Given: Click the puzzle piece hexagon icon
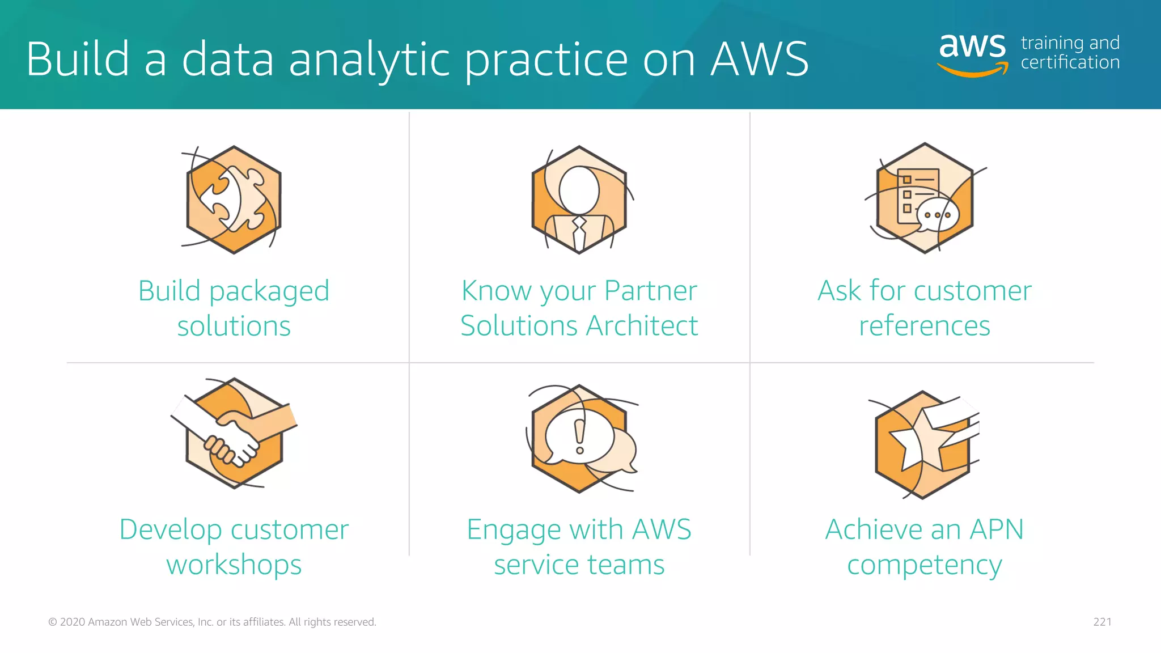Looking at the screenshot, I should (x=234, y=200).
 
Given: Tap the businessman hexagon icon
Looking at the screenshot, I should (x=579, y=200).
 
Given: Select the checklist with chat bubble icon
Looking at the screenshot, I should (x=925, y=198).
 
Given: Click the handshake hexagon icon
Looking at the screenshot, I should (x=234, y=433).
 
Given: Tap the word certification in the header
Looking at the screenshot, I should (x=1070, y=62).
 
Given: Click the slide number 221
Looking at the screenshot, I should (x=1102, y=622).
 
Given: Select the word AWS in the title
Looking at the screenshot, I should (x=759, y=60).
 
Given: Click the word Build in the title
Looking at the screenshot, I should (x=78, y=60).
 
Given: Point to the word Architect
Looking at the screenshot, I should (x=642, y=326).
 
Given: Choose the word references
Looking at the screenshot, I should (x=924, y=326).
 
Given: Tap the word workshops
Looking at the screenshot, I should (x=234, y=565).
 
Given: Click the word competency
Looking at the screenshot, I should (x=924, y=565).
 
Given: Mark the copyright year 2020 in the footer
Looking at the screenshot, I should (x=73, y=622).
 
